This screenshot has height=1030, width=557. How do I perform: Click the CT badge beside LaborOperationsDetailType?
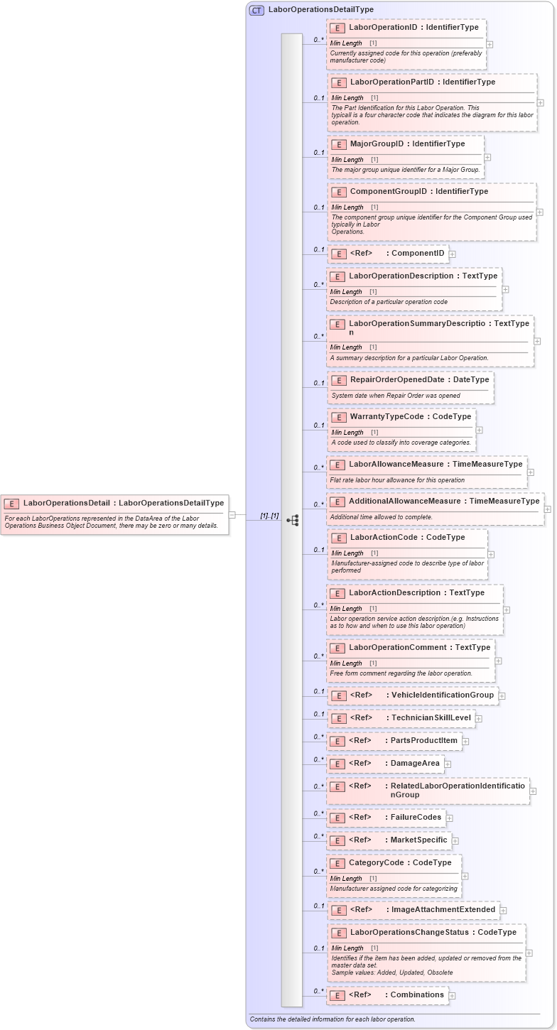click(x=256, y=10)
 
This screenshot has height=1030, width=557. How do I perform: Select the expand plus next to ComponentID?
click(x=453, y=254)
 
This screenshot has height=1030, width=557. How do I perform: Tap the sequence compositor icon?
click(x=292, y=520)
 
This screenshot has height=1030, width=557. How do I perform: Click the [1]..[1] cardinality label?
click(x=269, y=516)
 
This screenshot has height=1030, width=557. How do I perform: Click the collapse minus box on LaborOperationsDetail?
click(x=232, y=514)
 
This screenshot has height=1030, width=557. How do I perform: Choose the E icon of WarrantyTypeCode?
click(x=338, y=417)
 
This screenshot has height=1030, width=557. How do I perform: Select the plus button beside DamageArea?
click(x=448, y=764)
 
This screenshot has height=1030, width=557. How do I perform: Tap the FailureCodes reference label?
click(x=416, y=818)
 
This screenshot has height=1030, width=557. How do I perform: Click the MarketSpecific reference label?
click(x=419, y=840)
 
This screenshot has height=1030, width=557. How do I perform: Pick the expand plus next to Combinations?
click(x=452, y=996)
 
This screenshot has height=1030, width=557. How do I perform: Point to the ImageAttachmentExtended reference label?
click(x=443, y=910)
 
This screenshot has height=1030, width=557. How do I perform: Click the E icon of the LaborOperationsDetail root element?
click(x=11, y=504)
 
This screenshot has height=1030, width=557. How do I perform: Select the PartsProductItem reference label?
click(x=424, y=741)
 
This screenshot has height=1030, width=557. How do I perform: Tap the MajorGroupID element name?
click(x=377, y=144)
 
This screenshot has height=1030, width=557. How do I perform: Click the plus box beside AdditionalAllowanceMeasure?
click(x=547, y=509)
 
